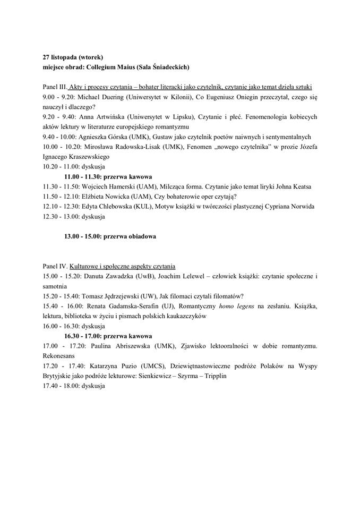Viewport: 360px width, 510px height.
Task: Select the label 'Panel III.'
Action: point(55,87)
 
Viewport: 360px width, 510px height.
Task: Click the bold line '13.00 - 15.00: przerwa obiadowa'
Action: point(110,236)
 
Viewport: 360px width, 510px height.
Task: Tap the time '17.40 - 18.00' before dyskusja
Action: point(59,386)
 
